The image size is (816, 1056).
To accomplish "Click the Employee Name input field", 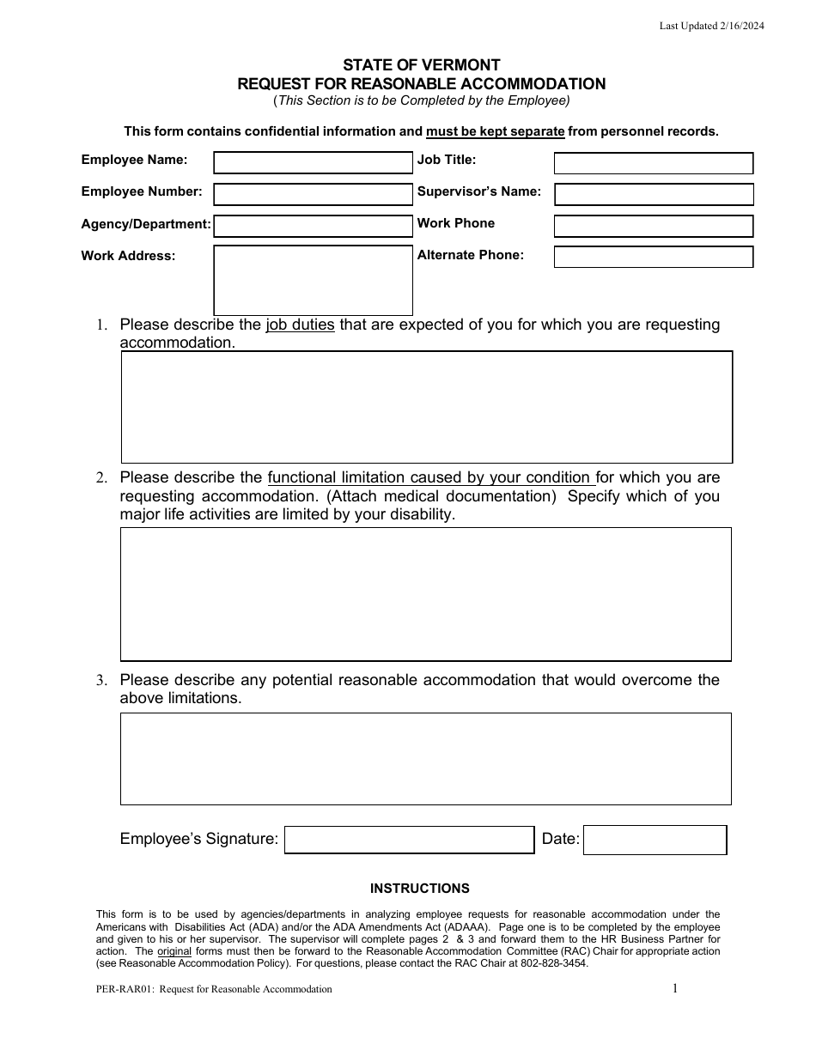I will (x=313, y=163).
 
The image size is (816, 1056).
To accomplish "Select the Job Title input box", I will (x=653, y=163).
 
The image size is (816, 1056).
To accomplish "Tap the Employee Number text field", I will (x=313, y=194).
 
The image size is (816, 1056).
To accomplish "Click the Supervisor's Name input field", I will (x=653, y=195).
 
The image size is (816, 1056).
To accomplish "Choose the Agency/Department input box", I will (x=313, y=226).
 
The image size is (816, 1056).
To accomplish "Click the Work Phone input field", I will (x=653, y=226).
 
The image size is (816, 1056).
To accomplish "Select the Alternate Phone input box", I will (x=653, y=257).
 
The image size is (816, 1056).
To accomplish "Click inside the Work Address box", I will (x=313, y=281).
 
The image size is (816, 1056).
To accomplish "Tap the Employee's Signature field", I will (x=409, y=840).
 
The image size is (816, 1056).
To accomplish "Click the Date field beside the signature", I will (x=655, y=840).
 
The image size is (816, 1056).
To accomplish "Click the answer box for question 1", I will (x=426, y=407).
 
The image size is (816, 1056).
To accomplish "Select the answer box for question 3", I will (x=426, y=759).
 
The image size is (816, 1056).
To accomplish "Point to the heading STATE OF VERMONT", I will (x=422, y=65).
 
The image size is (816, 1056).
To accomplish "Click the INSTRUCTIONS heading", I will (x=420, y=889).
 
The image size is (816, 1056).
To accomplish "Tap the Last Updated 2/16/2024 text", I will (x=711, y=26).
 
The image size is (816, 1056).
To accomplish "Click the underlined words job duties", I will (x=300, y=325).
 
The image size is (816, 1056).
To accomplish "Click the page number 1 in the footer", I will (x=674, y=988).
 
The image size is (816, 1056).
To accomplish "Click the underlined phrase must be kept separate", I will (x=496, y=131).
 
